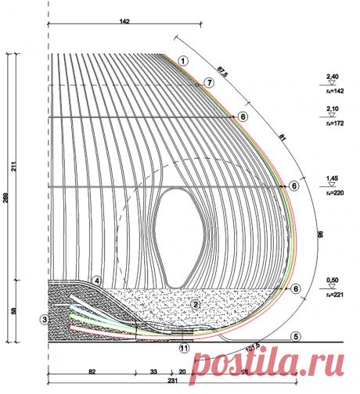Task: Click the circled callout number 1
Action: click(x=182, y=60)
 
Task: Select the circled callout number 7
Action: click(x=209, y=82)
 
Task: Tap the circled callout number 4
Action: click(x=97, y=279)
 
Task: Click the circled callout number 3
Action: click(x=45, y=318)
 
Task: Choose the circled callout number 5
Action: click(x=296, y=337)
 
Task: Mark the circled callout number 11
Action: click(x=185, y=348)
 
